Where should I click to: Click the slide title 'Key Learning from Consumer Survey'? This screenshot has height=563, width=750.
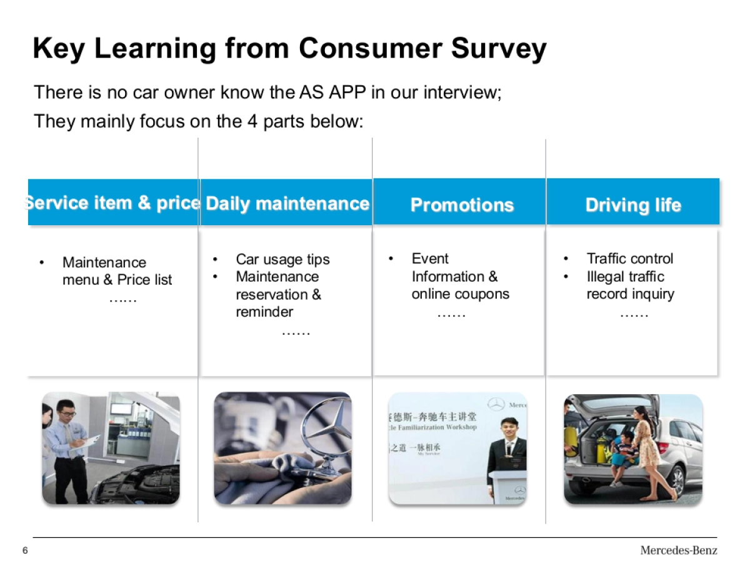(289, 48)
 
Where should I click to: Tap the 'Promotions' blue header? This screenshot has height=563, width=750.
(462, 205)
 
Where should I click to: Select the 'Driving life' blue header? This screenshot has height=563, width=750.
(632, 205)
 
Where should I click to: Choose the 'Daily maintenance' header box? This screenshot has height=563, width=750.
(287, 203)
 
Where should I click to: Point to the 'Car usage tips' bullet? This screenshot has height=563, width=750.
(282, 259)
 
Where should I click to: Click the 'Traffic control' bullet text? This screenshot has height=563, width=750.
(629, 258)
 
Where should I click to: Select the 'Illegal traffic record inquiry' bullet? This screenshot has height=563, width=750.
(630, 285)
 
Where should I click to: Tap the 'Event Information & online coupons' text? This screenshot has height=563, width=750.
(460, 276)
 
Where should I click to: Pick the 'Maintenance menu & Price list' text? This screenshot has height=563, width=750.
(117, 271)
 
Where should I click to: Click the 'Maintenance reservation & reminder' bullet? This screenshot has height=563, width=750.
(278, 294)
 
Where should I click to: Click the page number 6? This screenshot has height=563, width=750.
(25, 550)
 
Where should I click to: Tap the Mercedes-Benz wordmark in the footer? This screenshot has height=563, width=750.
(678, 550)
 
